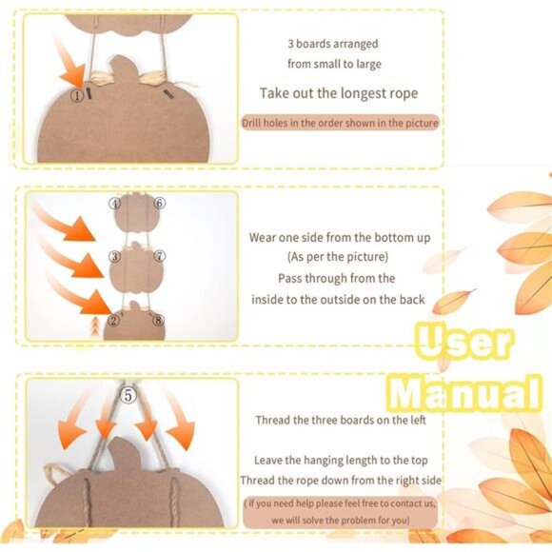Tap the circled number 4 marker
(x=115, y=203)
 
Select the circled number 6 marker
(x=160, y=203)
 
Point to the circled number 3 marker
(x=114, y=256)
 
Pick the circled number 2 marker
(x=114, y=320)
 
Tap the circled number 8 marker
(x=159, y=320)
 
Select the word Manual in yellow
(x=463, y=390)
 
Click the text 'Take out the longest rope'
(x=339, y=93)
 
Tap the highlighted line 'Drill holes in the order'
(x=339, y=123)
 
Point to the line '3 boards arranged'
(x=332, y=44)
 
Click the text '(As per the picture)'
(x=338, y=257)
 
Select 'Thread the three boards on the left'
(x=340, y=420)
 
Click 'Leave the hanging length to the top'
(x=340, y=460)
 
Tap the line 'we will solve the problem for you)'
(x=340, y=520)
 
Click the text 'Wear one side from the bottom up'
(x=339, y=236)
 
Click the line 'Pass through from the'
(x=337, y=278)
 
